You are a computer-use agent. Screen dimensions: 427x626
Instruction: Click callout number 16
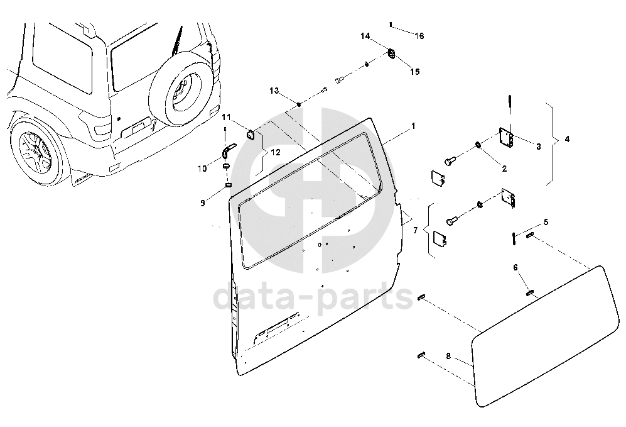(419, 36)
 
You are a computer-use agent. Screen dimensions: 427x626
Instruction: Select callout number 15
(415, 72)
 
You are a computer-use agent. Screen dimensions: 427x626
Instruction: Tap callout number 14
(365, 36)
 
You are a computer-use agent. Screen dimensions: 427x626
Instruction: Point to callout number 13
(274, 91)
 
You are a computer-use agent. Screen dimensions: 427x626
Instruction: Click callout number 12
(276, 152)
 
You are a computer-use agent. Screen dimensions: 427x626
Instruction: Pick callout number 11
(226, 117)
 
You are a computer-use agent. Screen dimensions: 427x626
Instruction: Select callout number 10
(202, 168)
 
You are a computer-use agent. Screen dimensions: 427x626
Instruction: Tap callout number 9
(203, 202)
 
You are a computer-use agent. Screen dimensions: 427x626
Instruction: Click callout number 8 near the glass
(448, 356)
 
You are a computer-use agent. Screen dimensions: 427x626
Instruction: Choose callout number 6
(515, 267)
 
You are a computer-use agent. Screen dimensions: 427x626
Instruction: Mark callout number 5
(546, 222)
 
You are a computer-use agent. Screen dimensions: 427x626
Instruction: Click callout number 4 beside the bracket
(567, 139)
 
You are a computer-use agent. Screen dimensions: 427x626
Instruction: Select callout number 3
(538, 147)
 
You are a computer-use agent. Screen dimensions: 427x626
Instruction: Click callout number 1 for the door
(413, 126)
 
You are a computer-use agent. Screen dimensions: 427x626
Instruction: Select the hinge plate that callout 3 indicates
(506, 139)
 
